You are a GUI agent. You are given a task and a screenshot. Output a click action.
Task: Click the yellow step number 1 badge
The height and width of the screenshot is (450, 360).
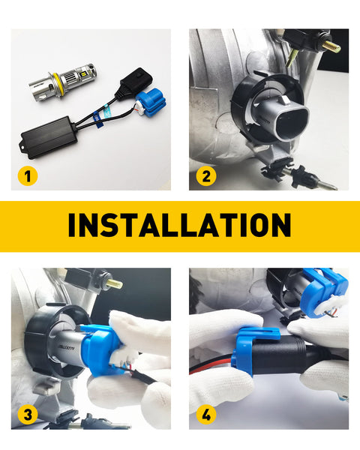(28, 176)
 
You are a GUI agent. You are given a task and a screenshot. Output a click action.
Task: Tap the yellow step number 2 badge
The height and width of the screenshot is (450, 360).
(206, 176)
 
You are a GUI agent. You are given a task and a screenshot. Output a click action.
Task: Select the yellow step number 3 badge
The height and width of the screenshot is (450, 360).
(28, 415)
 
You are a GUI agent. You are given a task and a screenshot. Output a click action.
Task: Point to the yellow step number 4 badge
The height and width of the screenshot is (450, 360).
(206, 415)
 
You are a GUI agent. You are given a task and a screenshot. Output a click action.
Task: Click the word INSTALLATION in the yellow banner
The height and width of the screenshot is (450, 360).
(180, 225)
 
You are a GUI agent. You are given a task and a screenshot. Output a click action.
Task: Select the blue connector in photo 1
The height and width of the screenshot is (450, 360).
(151, 104)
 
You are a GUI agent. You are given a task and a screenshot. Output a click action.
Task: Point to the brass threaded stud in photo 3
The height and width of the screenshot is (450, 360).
(115, 284)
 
